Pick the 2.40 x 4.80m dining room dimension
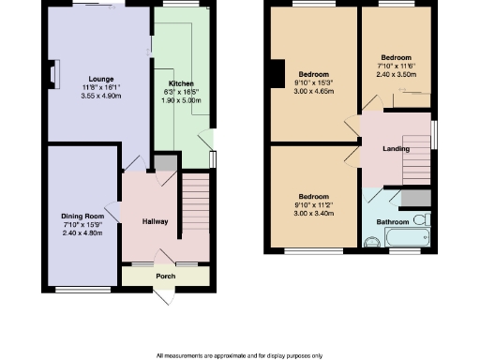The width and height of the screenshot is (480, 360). coord(81,233)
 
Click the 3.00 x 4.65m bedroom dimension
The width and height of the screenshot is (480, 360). coord(314,91)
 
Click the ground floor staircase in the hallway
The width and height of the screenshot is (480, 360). coord(194,202)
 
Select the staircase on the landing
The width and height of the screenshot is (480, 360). coord(414,170)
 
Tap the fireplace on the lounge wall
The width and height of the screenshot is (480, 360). coord(53,73)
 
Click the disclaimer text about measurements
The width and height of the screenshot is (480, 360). coord(239,355)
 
